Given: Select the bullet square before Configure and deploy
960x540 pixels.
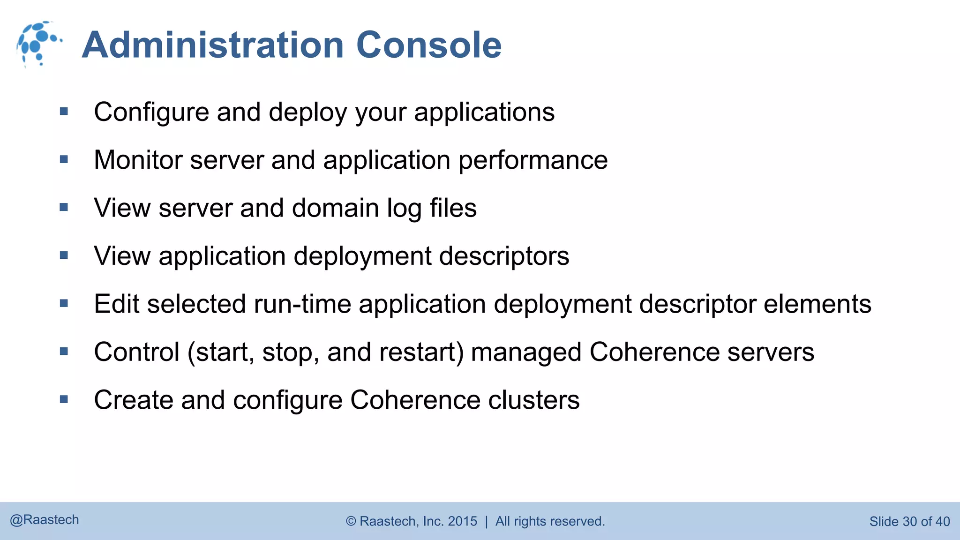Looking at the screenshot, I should click(x=64, y=112).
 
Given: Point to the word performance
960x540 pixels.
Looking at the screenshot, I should click(x=532, y=160).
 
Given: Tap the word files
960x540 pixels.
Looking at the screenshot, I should click(x=453, y=208).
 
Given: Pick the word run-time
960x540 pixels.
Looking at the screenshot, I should click(x=302, y=304).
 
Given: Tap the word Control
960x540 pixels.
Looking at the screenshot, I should click(x=136, y=352).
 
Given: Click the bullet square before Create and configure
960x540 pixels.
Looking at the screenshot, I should click(x=64, y=399).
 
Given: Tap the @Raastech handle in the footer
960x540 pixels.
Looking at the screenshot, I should click(x=45, y=520).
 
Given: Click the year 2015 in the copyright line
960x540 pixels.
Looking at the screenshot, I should click(x=462, y=521).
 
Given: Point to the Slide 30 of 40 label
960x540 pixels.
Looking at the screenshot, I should click(x=909, y=521).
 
